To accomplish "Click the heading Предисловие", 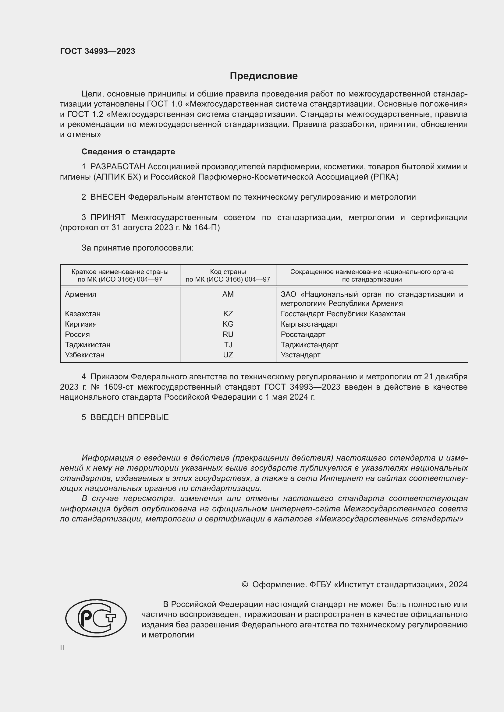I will click(264, 76).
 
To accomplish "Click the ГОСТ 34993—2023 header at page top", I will click(98, 51).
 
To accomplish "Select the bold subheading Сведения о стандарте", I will click(128, 152).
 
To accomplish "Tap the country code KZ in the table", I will click(228, 314).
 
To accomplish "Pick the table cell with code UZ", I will click(228, 355).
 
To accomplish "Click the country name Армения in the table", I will click(80, 294).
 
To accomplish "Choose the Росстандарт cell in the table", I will click(303, 334).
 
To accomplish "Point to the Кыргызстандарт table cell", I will click(309, 324).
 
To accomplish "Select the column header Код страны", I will click(228, 272).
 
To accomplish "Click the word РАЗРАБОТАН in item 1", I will click(118, 167).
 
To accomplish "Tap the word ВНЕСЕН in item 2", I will click(108, 197).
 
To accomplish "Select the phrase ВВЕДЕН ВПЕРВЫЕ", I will click(130, 417).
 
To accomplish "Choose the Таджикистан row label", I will click(87, 345).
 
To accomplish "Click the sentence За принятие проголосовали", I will click(137, 248).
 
